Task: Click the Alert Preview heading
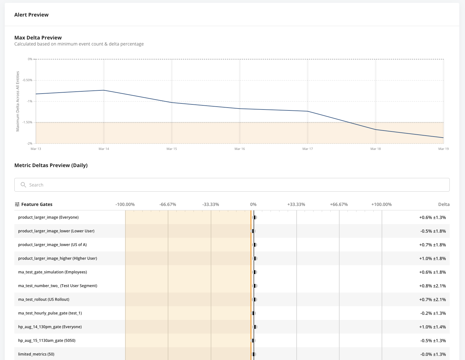click(31, 15)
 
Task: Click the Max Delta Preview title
click(38, 38)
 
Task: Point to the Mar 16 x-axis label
click(240, 149)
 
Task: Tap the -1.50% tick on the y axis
click(28, 122)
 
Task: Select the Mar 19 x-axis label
click(443, 149)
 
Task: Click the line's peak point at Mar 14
click(104, 90)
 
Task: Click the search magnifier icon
click(23, 185)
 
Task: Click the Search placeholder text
click(36, 185)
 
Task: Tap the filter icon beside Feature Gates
click(17, 204)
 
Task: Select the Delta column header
click(444, 204)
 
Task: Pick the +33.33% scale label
click(296, 204)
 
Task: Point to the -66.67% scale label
click(168, 204)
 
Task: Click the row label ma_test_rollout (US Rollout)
click(44, 300)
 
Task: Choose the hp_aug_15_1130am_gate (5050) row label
click(47, 341)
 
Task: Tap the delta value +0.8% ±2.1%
click(432, 286)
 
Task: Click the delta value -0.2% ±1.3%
click(433, 313)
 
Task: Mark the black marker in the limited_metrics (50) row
click(254, 354)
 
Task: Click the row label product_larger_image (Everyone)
click(48, 217)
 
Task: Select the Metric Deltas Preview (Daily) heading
click(51, 165)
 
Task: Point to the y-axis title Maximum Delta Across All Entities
click(18, 101)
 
